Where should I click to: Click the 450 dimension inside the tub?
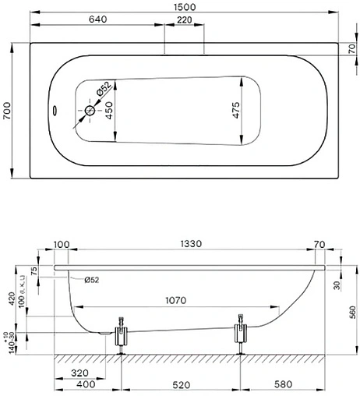pyautogui.click(x=110, y=115)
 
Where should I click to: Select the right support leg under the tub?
pyautogui.click(x=242, y=334)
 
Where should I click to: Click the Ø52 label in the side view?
pyautogui.click(x=89, y=279)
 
